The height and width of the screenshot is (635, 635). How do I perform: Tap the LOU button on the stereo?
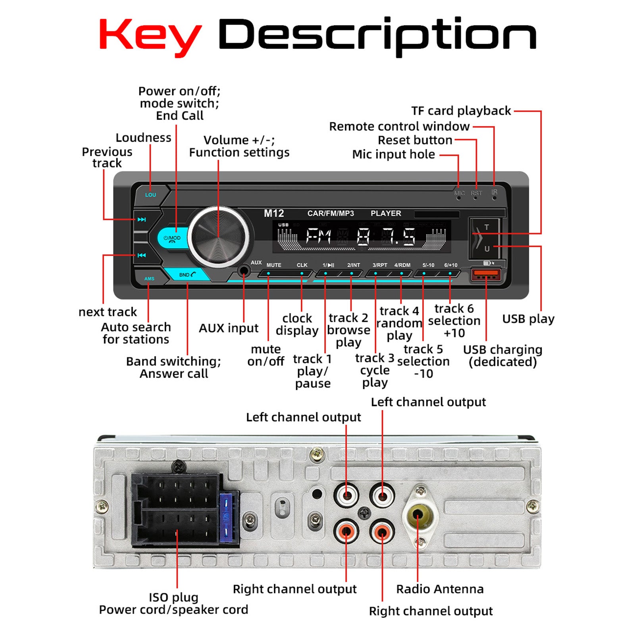150,194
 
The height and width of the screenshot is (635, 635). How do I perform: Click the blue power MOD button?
172,239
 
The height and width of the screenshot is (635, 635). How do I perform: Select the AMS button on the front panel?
149,279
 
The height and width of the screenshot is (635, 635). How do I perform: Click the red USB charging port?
485,274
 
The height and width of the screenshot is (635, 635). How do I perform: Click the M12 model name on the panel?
274,214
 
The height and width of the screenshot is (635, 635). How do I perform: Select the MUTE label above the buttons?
274,265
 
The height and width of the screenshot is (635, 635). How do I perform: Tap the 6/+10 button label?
450,265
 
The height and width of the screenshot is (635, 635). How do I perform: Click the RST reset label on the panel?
476,193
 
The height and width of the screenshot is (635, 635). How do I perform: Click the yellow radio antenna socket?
417,515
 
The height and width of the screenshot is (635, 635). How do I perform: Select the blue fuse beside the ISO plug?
226,518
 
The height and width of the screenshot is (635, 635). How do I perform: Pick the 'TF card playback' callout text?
461,111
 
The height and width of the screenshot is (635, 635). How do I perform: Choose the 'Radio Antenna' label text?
440,589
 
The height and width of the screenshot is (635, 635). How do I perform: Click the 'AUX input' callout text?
228,328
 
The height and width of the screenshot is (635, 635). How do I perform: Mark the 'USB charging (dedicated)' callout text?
502,356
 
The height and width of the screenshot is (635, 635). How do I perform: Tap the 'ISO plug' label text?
173,597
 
